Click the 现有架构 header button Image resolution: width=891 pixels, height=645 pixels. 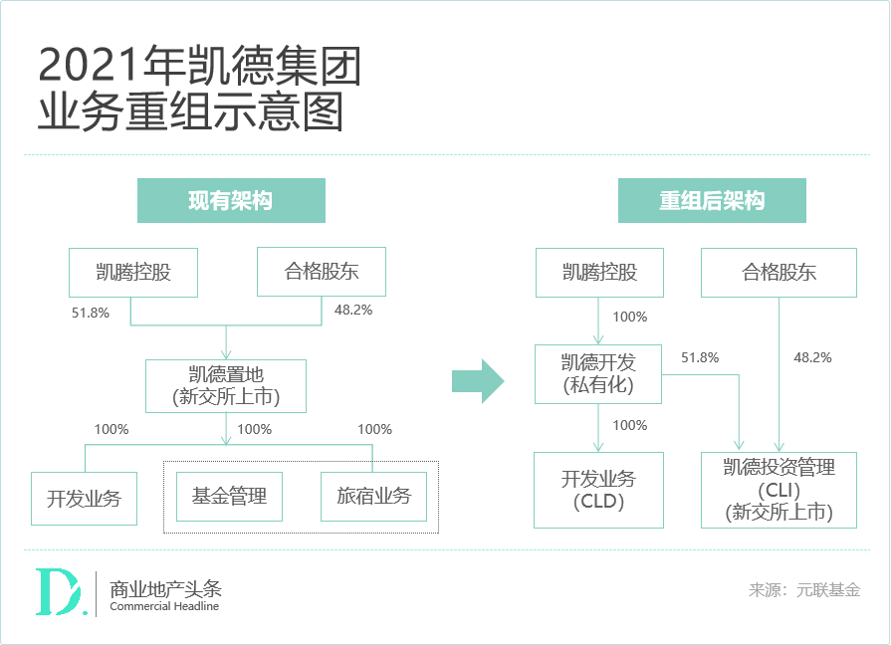(x=231, y=201)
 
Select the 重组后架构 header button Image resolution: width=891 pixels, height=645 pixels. (x=712, y=201)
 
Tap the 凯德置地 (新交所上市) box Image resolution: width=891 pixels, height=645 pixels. (x=226, y=386)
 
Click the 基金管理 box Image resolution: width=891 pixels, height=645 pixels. (x=229, y=496)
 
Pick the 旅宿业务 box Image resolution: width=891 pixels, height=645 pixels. (x=373, y=496)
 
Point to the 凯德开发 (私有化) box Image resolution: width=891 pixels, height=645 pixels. (x=598, y=374)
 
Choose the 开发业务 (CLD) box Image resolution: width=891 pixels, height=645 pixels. (x=598, y=490)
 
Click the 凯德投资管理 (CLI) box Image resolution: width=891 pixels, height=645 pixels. (x=779, y=490)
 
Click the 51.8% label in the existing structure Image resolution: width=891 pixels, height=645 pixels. (x=91, y=312)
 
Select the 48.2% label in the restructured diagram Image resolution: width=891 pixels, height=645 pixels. (x=812, y=357)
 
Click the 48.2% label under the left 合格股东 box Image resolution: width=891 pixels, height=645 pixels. (x=353, y=311)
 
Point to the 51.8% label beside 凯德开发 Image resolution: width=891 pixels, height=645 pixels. (x=700, y=357)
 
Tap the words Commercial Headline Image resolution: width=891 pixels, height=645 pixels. (x=164, y=607)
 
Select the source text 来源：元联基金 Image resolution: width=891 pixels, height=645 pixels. (x=804, y=590)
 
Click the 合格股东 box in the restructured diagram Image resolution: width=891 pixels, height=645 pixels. (x=779, y=273)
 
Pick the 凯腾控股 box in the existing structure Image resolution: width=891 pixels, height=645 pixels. (x=133, y=273)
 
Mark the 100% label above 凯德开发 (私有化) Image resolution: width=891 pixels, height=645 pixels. (x=629, y=318)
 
